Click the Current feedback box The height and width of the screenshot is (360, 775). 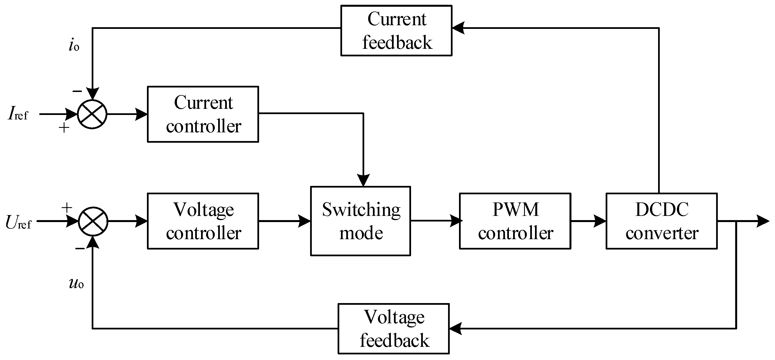(396, 30)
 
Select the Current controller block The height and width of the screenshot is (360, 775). (203, 114)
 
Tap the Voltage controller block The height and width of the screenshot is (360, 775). (203, 221)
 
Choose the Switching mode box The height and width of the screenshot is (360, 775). (360, 221)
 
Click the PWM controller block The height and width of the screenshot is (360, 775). (515, 221)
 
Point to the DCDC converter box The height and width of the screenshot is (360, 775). (661, 221)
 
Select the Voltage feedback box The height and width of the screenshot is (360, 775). (393, 329)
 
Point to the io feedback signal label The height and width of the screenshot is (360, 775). (74, 46)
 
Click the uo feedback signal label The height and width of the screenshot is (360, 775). (77, 283)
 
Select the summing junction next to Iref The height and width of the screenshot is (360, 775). (92, 114)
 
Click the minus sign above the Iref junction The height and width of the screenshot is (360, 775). (77, 91)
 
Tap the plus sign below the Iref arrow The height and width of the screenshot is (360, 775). (64, 128)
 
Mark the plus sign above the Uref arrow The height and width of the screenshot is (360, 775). (67, 207)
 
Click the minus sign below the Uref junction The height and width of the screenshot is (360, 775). (80, 248)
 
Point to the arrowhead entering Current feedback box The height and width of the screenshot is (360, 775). (458, 28)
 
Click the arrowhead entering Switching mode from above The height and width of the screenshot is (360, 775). (363, 180)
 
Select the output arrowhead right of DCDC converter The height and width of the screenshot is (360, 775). (763, 221)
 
